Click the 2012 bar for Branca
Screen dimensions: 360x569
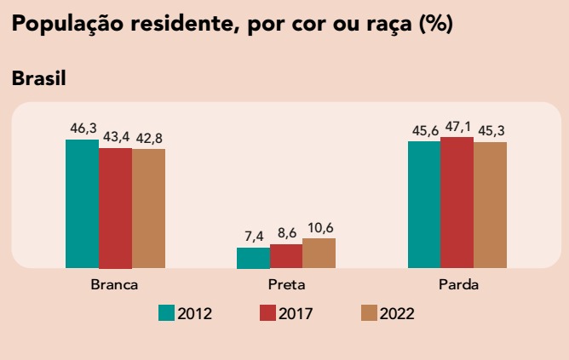tap(82, 203)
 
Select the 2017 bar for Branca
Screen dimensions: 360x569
tap(115, 208)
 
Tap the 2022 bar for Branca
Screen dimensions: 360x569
tap(148, 209)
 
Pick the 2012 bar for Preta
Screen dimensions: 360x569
tap(253, 258)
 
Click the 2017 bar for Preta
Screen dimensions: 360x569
tap(286, 256)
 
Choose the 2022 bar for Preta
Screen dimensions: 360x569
tap(319, 253)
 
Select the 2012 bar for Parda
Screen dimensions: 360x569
tap(424, 204)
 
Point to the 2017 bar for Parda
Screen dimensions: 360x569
tap(457, 203)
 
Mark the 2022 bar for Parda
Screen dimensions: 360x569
tap(490, 205)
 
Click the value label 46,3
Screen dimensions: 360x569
tap(83, 129)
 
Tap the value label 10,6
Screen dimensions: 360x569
tap(319, 227)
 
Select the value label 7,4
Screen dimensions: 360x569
tap(254, 237)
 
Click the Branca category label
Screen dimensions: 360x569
tap(114, 284)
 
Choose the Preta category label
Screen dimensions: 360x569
tap(286, 284)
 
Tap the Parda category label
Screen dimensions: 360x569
tap(458, 284)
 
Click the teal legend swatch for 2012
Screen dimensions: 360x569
tap(167, 312)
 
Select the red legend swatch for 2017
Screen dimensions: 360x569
tap(267, 312)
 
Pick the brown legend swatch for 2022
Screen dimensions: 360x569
tap(369, 312)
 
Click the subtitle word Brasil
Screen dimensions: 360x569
tap(39, 78)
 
